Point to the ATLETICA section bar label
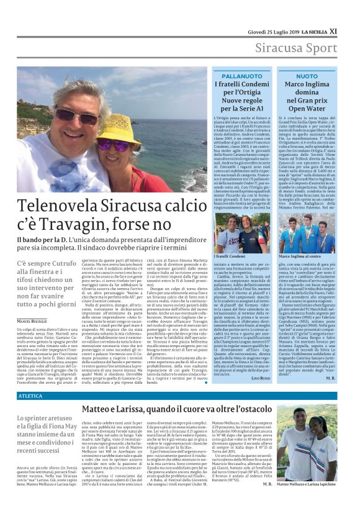pyautogui.click(x=30, y=395)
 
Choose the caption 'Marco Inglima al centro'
pyautogui.click(x=302, y=256)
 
